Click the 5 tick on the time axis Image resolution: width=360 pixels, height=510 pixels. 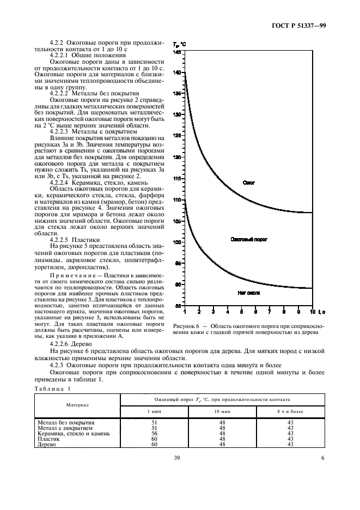242,312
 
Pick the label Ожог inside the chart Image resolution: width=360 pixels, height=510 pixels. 248,183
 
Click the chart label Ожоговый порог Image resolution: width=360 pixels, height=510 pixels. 249,239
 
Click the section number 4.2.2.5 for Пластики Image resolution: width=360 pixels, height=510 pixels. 60,239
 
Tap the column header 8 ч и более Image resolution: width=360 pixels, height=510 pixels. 290,410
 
